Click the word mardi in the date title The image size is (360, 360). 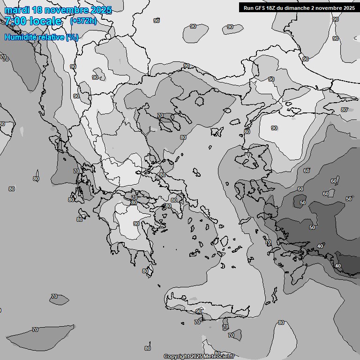click(19, 10)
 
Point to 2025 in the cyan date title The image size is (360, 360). click(102, 10)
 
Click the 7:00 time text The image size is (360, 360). click(15, 21)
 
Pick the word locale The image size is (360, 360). click(46, 21)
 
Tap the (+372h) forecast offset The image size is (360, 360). click(83, 21)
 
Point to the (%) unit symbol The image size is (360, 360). click(72, 37)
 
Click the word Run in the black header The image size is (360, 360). click(248, 7)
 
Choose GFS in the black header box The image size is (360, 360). click(261, 7)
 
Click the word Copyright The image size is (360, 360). click(177, 357)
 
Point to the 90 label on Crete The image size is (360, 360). click(199, 311)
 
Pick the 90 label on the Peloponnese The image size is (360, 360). click(136, 224)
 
